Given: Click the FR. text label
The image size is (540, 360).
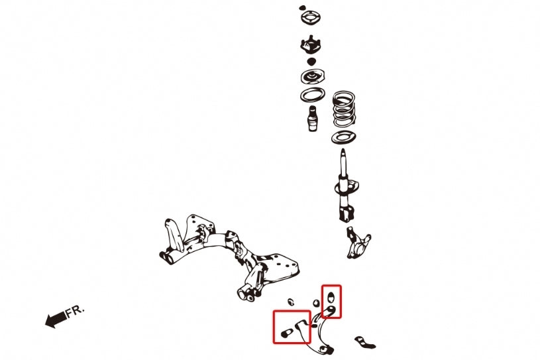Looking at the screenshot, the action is pyautogui.click(x=74, y=311).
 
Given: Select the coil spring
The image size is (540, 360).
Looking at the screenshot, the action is pyautogui.click(x=344, y=109).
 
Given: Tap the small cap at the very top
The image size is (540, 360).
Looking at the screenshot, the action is pyautogui.click(x=302, y=7).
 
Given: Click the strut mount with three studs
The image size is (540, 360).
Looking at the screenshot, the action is pyautogui.click(x=311, y=44).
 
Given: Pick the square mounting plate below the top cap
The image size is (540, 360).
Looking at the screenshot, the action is pyautogui.click(x=311, y=18).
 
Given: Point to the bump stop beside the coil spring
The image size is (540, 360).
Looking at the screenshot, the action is pyautogui.click(x=312, y=119).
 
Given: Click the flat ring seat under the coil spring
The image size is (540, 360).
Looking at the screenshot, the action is pyautogui.click(x=344, y=138).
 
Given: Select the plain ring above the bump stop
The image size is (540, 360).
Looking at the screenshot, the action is pyautogui.click(x=312, y=95).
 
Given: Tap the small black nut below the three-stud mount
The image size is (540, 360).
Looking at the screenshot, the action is pyautogui.click(x=311, y=62).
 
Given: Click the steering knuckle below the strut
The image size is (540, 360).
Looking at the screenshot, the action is pyautogui.click(x=358, y=243).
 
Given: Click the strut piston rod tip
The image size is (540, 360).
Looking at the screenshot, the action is pyautogui.click(x=343, y=152).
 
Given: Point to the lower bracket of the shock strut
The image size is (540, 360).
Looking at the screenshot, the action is pyautogui.click(x=346, y=213).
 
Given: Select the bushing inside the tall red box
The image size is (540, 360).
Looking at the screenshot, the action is pyautogui.click(x=331, y=296).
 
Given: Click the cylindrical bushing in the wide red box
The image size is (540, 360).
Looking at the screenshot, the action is pyautogui.click(x=286, y=333).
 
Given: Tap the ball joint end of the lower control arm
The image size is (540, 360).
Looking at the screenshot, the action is pyautogui.click(x=326, y=349).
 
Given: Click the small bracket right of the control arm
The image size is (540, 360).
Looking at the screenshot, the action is pyautogui.click(x=364, y=342).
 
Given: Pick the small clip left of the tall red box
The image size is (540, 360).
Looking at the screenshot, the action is pyautogui.click(x=291, y=302).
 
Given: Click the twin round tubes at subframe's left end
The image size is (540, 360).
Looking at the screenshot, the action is pyautogui.click(x=167, y=258).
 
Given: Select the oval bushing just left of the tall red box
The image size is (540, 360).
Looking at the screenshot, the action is pyautogui.click(x=316, y=304).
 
